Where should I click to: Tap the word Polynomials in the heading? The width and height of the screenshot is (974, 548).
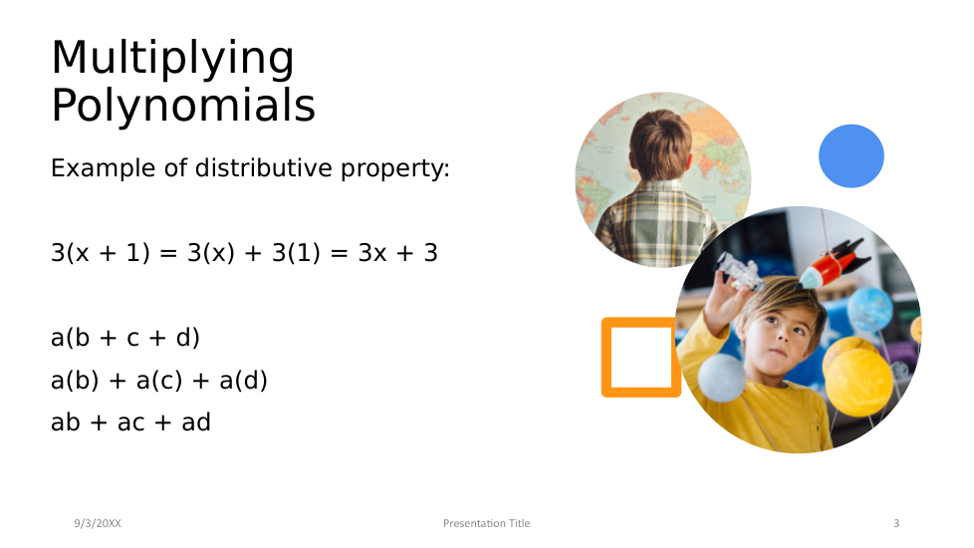(x=183, y=105)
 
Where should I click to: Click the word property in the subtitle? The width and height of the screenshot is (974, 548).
(x=395, y=169)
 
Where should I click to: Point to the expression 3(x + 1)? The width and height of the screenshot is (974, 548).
(x=101, y=253)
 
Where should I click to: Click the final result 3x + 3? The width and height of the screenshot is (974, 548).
(x=398, y=253)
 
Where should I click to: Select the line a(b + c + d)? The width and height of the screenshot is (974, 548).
(x=125, y=338)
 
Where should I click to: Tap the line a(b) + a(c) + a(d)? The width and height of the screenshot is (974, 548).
(x=159, y=380)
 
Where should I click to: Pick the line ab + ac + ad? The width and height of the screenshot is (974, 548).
(x=131, y=421)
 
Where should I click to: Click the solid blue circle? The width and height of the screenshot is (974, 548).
(x=852, y=156)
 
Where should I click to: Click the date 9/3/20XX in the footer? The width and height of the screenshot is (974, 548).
(x=98, y=523)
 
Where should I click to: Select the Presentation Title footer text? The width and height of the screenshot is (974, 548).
(x=486, y=523)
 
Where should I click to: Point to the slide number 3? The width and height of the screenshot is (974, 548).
(x=896, y=523)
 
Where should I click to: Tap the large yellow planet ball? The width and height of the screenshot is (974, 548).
(x=857, y=381)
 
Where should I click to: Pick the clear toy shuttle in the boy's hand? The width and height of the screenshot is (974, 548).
(x=739, y=272)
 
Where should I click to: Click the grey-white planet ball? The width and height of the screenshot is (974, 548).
(x=722, y=378)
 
